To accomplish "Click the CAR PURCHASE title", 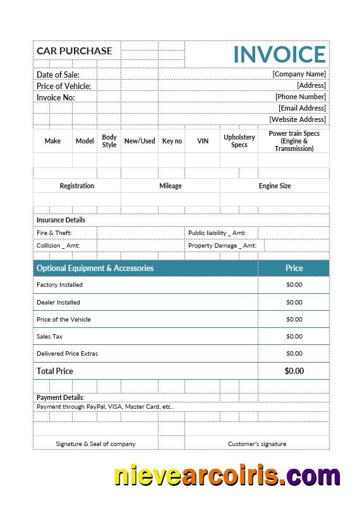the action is tap(75, 51).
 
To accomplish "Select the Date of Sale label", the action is tap(58, 75).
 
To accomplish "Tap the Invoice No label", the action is tap(56, 97).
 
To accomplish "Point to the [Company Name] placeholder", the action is tap(299, 74).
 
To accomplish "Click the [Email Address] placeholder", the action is tap(302, 108).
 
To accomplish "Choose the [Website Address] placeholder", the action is tap(297, 119).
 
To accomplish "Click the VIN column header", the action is tap(203, 141).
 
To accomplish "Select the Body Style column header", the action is tap(109, 141).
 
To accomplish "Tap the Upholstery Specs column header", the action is tap(239, 141).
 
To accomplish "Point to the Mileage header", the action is tap(171, 186).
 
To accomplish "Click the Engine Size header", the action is tap(275, 186).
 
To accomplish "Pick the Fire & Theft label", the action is tap(54, 233).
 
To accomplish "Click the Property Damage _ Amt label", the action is tap(222, 246).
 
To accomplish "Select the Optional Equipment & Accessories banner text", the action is tap(95, 268).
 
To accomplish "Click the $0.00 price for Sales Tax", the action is tap(294, 337).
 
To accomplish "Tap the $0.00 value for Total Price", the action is tap(294, 371).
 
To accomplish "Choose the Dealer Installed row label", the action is tap(58, 302).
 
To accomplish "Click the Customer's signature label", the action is tap(257, 444).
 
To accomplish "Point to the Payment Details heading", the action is tap(60, 397).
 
